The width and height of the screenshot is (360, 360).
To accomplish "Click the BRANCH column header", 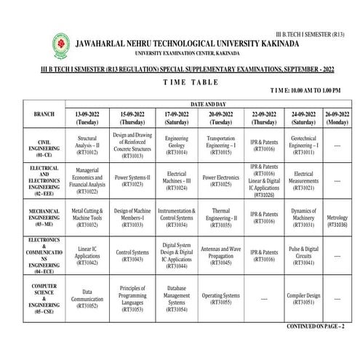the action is click(39, 115).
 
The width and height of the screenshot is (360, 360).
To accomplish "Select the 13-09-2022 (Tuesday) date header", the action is click(87, 119).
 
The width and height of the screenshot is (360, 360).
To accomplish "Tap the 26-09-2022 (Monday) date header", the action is click(337, 119).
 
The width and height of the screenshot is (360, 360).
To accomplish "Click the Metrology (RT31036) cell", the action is click(337, 221).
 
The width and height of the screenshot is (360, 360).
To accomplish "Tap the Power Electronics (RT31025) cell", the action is click(220, 181).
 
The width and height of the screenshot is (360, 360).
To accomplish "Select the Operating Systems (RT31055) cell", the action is click(220, 298).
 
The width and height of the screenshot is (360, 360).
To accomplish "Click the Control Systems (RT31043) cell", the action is click(132, 256).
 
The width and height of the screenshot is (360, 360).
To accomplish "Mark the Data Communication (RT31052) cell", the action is click(87, 298).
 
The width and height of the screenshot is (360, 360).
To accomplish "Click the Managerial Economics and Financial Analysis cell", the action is click(87, 181).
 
